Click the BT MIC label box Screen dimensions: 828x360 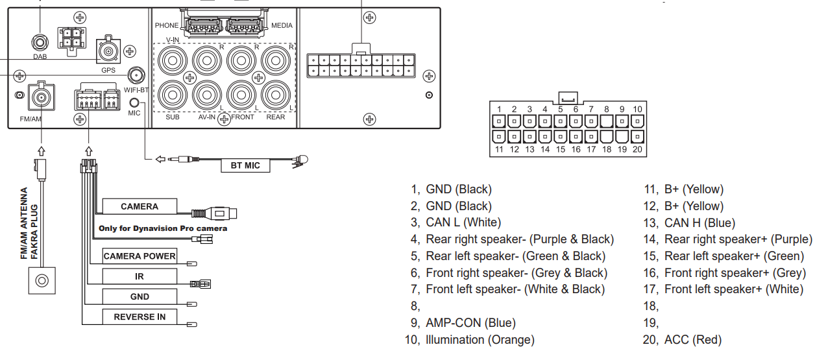click(245, 165)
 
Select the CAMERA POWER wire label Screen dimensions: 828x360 click(140, 256)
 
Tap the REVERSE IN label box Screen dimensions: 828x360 click(140, 317)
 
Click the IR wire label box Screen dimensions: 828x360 click(140, 276)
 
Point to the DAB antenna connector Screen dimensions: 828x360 click(40, 43)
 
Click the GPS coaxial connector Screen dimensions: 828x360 click(108, 51)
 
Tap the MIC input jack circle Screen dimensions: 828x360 click(134, 102)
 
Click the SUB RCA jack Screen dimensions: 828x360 click(172, 95)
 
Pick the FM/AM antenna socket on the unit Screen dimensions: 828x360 click(42, 97)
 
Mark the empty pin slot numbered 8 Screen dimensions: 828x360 click(606, 121)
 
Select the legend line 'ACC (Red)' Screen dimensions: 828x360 click(682, 340)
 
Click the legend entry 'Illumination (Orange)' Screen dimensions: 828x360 click(470, 340)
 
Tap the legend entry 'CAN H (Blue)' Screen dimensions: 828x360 click(689, 223)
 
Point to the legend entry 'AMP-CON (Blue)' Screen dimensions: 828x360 click(463, 322)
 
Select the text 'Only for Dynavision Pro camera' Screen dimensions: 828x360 click(163, 228)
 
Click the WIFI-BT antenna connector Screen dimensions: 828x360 click(136, 76)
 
